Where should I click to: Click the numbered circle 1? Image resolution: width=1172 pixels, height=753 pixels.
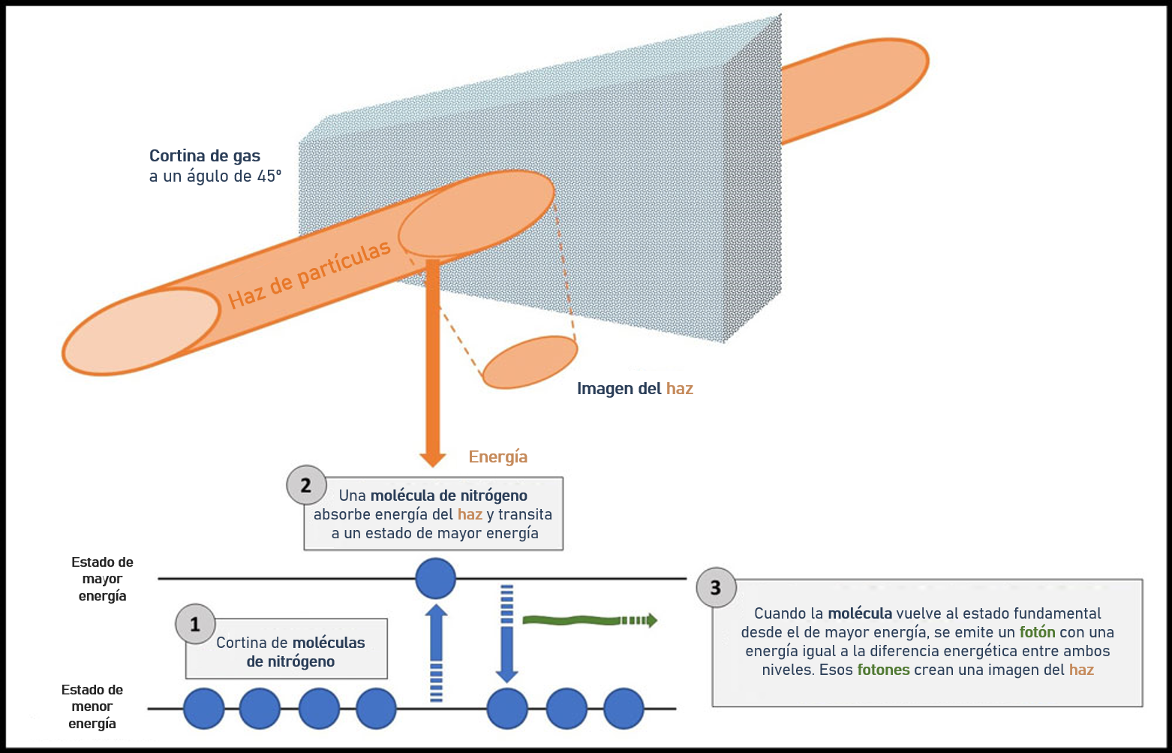195,624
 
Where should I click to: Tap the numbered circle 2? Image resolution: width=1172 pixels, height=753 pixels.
306,485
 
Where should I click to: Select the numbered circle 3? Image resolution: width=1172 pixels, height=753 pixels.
717,588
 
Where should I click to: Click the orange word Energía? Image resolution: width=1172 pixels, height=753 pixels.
497,457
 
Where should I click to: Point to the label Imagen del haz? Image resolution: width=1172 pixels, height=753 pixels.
635,389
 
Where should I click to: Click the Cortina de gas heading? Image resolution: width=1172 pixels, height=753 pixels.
205,156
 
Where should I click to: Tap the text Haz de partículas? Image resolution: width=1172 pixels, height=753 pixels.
309,274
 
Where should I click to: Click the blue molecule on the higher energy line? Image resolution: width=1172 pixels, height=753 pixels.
435,578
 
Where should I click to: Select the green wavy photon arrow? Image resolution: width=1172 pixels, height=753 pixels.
590,621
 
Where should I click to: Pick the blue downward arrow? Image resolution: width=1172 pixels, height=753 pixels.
506,634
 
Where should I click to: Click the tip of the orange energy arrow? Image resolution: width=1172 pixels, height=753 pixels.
432,466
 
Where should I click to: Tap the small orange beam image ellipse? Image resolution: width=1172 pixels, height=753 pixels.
530,363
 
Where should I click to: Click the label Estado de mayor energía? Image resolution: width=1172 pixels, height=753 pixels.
102,579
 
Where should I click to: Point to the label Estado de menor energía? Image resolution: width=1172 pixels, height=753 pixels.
92,706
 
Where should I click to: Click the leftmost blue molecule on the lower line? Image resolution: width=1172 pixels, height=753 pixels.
203,709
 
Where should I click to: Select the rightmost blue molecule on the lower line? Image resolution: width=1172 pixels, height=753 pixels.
624,709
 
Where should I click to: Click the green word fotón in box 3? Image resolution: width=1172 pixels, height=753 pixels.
1037,632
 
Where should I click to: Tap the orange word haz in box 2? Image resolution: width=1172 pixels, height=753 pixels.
470,514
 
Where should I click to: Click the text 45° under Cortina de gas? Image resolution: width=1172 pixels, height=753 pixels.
269,176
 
